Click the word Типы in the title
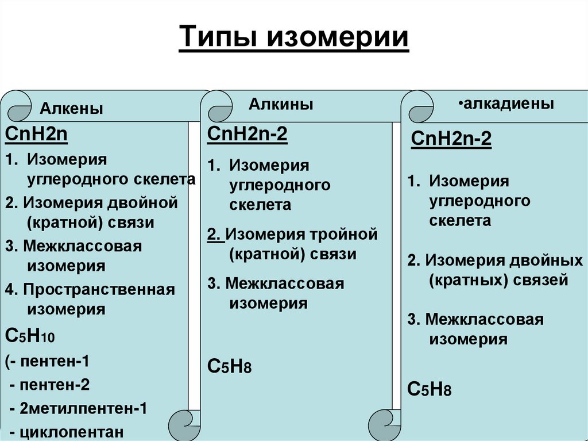[216, 39]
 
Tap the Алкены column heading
[72, 109]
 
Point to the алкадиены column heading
[508, 104]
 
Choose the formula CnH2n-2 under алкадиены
[452, 140]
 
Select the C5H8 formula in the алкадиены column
[429, 389]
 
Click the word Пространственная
[99, 289]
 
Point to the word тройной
[344, 235]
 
